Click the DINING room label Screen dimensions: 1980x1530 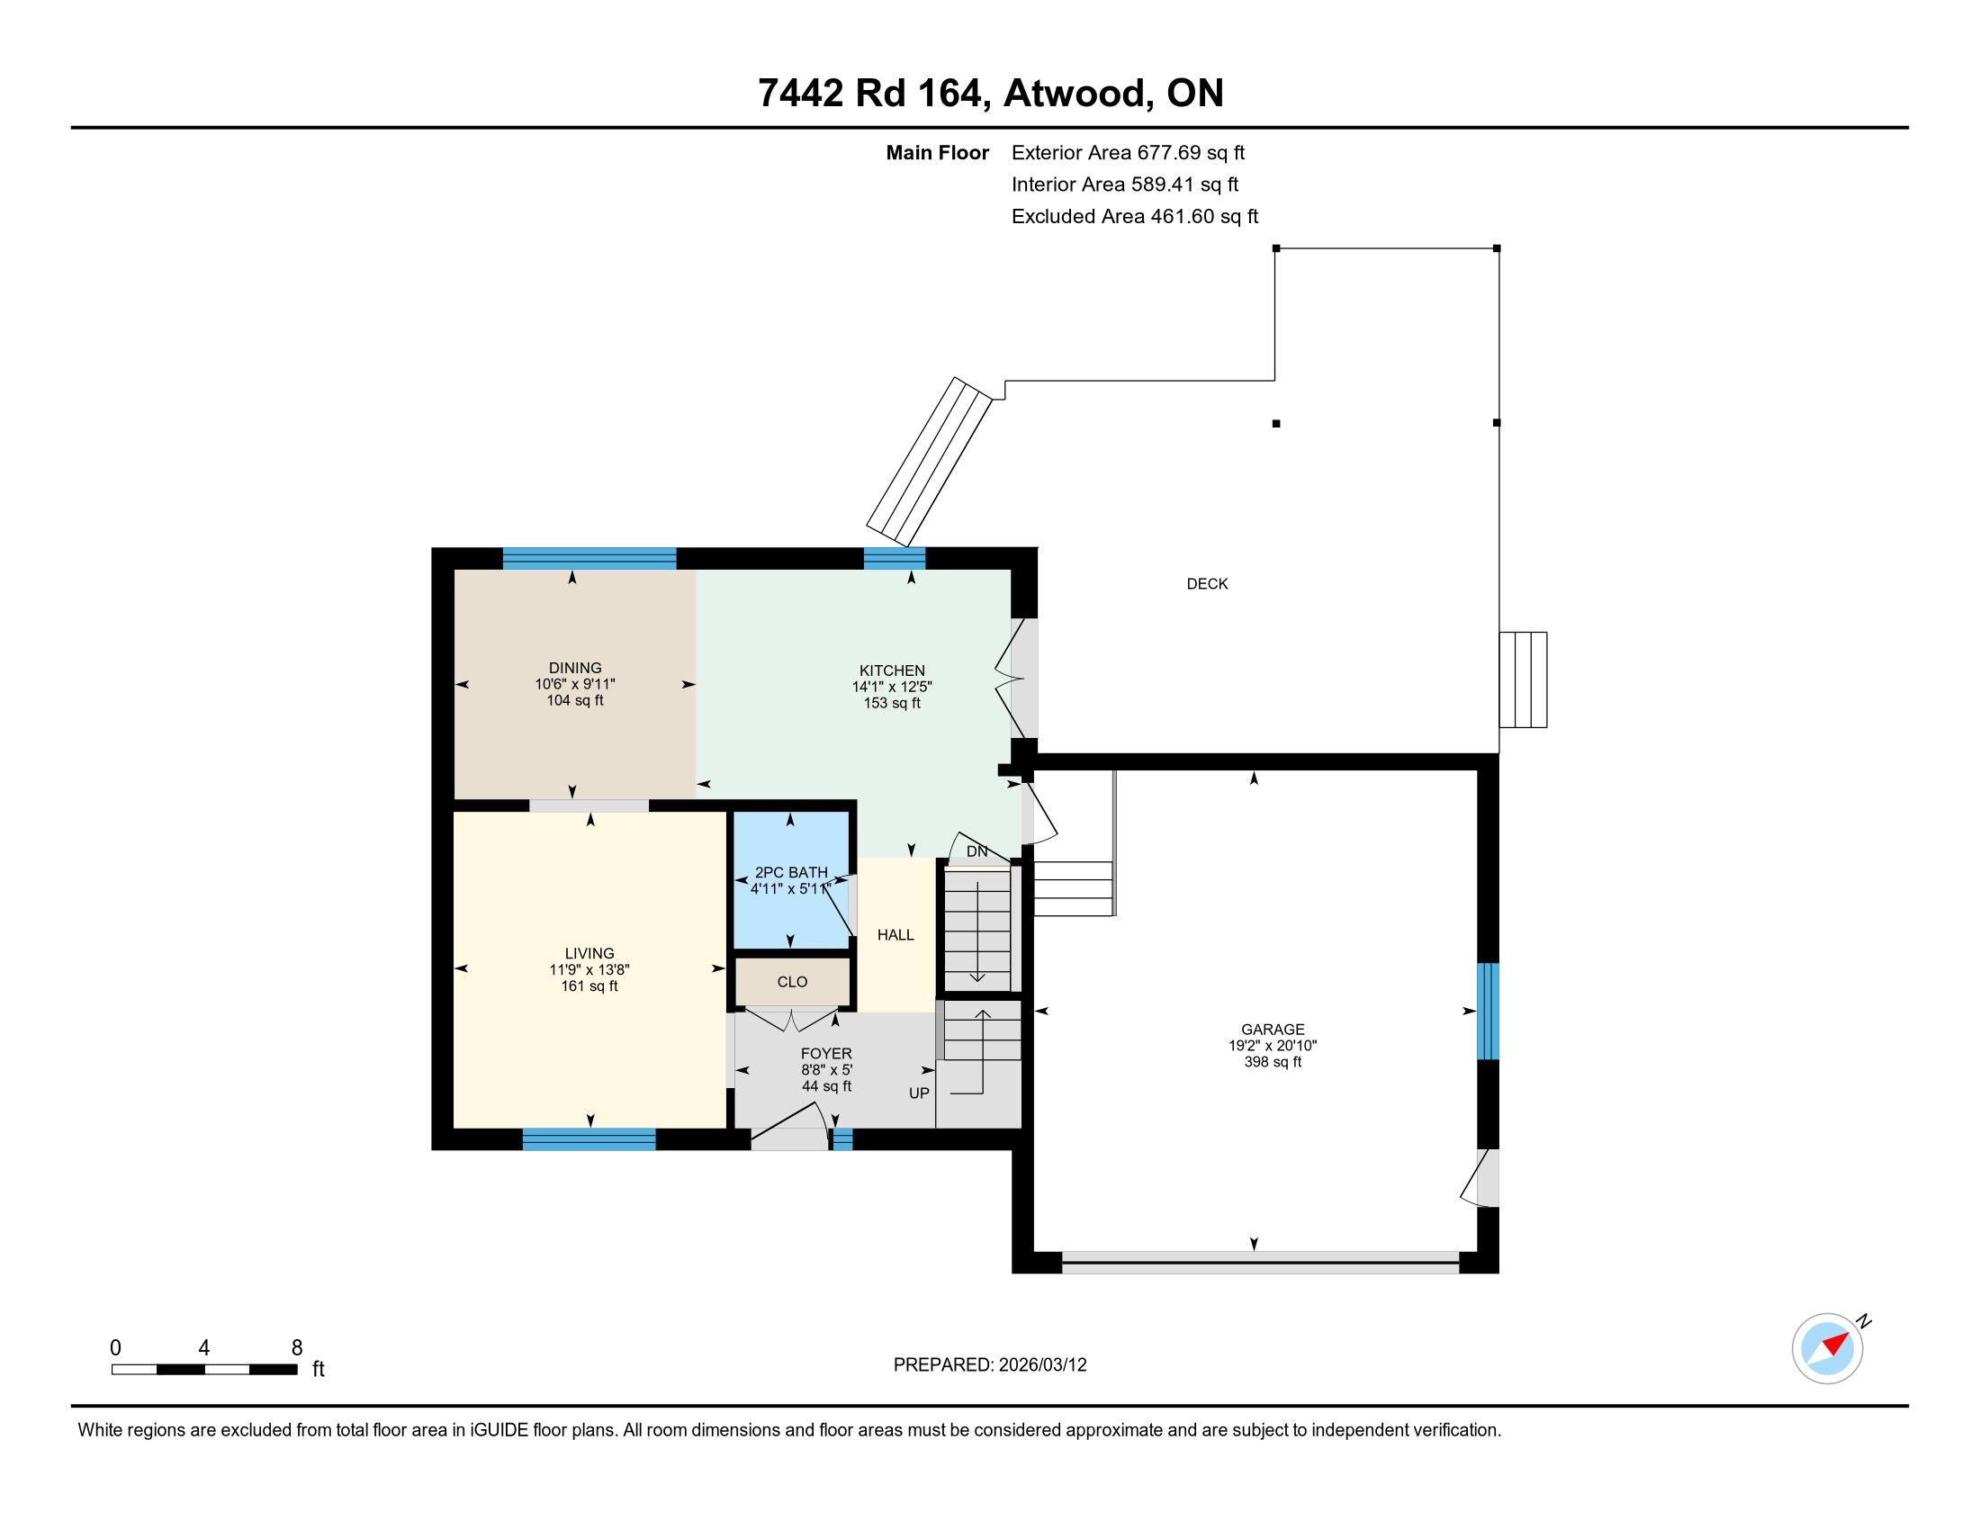pyautogui.click(x=575, y=668)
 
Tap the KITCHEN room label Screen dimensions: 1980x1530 pyautogui.click(x=892, y=670)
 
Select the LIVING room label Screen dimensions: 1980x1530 pyautogui.click(x=589, y=953)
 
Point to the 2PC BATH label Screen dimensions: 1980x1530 pyautogui.click(x=790, y=873)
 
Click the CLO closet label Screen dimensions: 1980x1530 pyautogui.click(x=792, y=982)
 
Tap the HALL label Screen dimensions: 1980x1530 pyautogui.click(x=895, y=934)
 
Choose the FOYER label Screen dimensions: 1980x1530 pyautogui.click(x=826, y=1054)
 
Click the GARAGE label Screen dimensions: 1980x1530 pyautogui.click(x=1273, y=1030)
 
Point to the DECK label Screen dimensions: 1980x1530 pyautogui.click(x=1208, y=584)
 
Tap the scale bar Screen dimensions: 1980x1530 pyautogui.click(x=204, y=1369)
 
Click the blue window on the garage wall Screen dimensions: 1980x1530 pyautogui.click(x=1488, y=1011)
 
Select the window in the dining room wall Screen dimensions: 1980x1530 pyautogui.click(x=589, y=558)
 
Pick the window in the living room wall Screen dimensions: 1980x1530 pyautogui.click(x=589, y=1139)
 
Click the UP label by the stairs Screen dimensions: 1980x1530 pyautogui.click(x=919, y=1093)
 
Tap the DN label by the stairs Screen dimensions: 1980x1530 pyautogui.click(x=976, y=851)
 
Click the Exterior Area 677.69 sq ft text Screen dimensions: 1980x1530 pyautogui.click(x=1129, y=152)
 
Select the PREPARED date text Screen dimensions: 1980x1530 pyautogui.click(x=990, y=1364)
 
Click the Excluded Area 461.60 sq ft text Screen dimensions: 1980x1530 pyautogui.click(x=1135, y=216)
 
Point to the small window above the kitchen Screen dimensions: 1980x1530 pyautogui.click(x=894, y=558)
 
